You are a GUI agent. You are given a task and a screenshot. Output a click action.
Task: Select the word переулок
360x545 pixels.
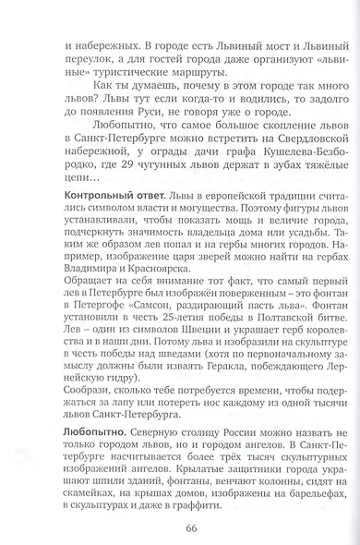(x=76, y=58)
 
